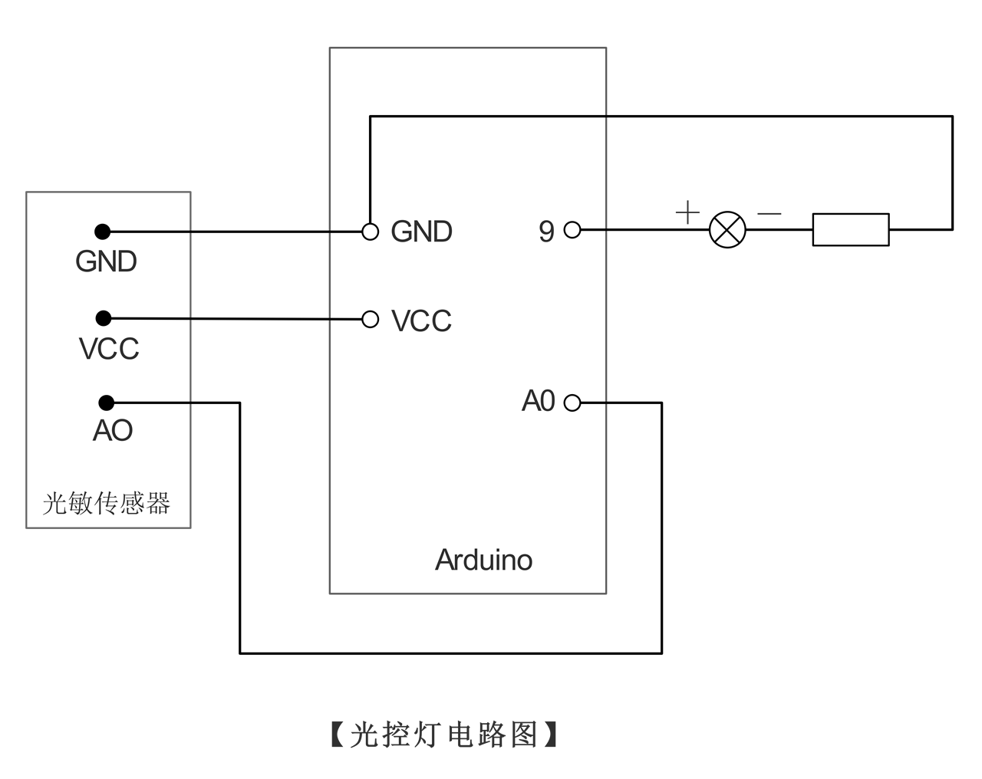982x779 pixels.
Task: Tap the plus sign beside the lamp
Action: [x=687, y=212]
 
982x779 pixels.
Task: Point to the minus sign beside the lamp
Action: [x=769, y=213]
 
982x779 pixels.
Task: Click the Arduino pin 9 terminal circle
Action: [x=572, y=229]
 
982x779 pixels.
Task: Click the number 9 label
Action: [x=546, y=232]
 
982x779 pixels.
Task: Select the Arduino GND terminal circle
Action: [x=370, y=232]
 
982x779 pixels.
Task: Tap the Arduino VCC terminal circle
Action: [x=370, y=319]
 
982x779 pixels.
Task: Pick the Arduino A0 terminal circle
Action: [x=572, y=403]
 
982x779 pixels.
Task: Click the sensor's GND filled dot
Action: [x=102, y=232]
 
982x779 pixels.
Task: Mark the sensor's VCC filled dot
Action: [x=104, y=318]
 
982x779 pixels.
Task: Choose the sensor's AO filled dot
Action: [x=107, y=403]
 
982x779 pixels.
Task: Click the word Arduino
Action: [x=483, y=560]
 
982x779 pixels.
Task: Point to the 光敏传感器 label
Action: [x=107, y=504]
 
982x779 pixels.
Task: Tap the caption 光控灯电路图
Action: [x=444, y=735]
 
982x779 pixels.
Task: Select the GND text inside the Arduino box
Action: [x=422, y=232]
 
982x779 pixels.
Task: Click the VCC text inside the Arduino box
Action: [x=422, y=320]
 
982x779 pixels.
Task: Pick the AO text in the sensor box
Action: [x=113, y=431]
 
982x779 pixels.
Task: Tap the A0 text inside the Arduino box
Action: [x=538, y=401]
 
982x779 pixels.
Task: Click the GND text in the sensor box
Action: [x=106, y=261]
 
